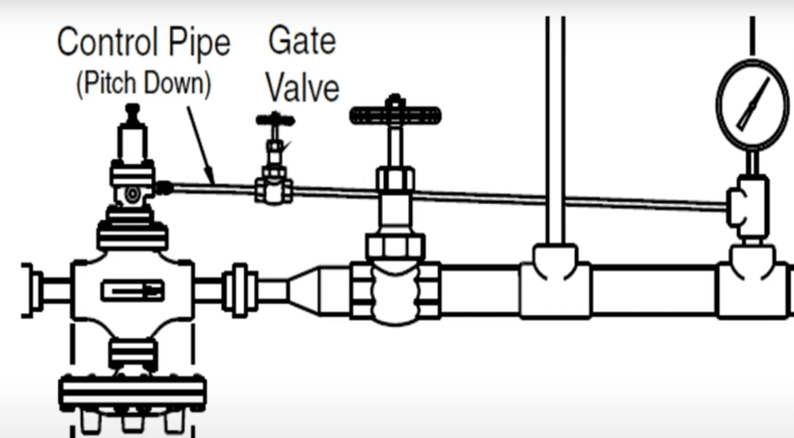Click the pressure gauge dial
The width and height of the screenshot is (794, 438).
click(x=752, y=103)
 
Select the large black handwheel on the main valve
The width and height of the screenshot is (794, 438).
click(x=395, y=116)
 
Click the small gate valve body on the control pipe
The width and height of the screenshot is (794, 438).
click(x=274, y=190)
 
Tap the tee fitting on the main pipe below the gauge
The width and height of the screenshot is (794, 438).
click(x=751, y=282)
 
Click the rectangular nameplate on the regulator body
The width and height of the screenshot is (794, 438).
click(x=132, y=291)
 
